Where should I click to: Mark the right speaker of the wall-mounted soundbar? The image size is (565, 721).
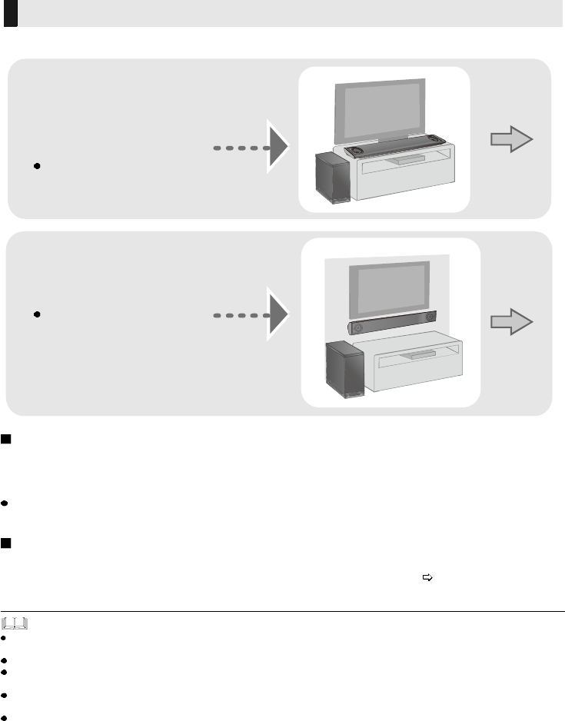tap(429, 316)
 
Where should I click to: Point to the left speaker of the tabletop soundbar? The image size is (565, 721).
tap(356, 151)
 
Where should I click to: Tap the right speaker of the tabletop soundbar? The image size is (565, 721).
tap(437, 140)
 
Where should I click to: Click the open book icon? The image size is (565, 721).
tap(15, 621)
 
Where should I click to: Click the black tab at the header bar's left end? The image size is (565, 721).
tap(10, 13)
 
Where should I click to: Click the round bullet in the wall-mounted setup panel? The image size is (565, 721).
tap(37, 315)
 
